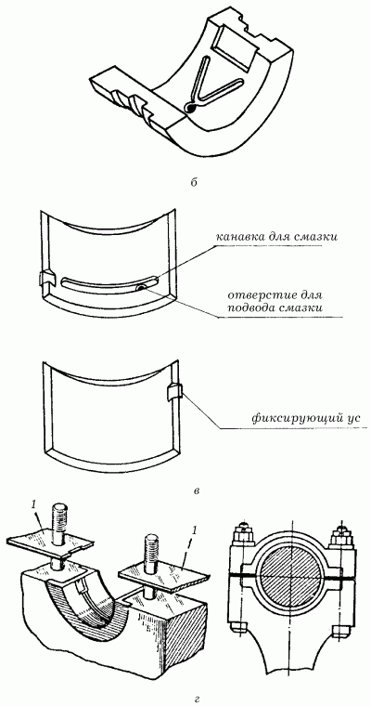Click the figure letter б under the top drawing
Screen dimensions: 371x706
point(193,183)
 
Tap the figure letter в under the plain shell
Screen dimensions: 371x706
point(196,490)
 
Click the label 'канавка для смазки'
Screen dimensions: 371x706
point(275,237)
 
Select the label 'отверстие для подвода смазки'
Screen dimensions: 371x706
point(276,303)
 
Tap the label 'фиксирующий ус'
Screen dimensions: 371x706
point(306,418)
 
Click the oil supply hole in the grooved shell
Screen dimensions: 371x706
point(142,287)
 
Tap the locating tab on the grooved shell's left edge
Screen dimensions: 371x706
point(46,279)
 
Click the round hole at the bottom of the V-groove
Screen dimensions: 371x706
point(190,108)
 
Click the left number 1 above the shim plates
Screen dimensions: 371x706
point(34,505)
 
